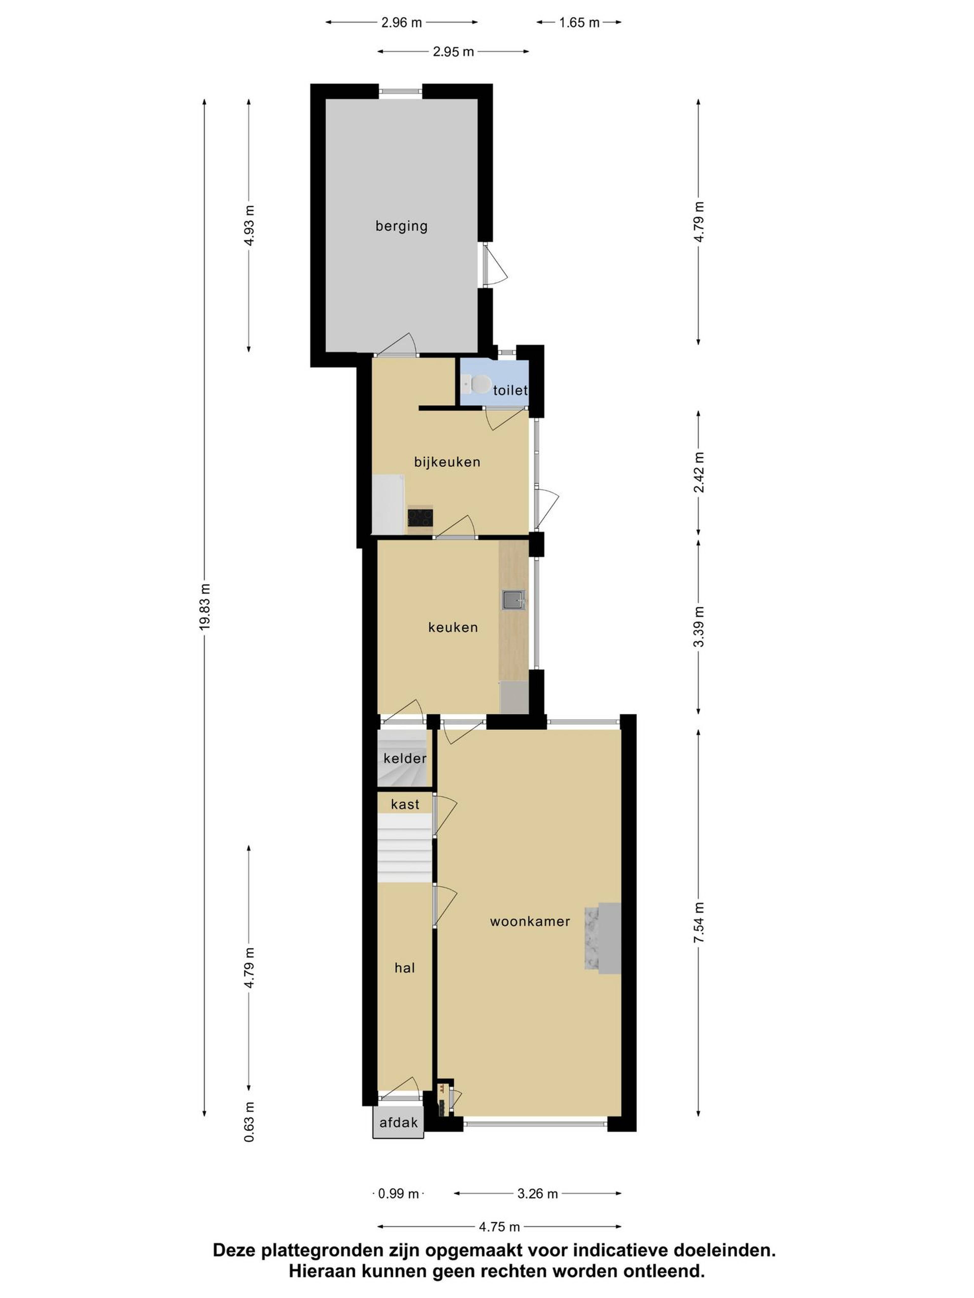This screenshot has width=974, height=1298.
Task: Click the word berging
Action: click(402, 226)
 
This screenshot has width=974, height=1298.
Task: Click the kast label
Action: click(405, 804)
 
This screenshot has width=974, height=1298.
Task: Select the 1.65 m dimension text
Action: click(579, 23)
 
